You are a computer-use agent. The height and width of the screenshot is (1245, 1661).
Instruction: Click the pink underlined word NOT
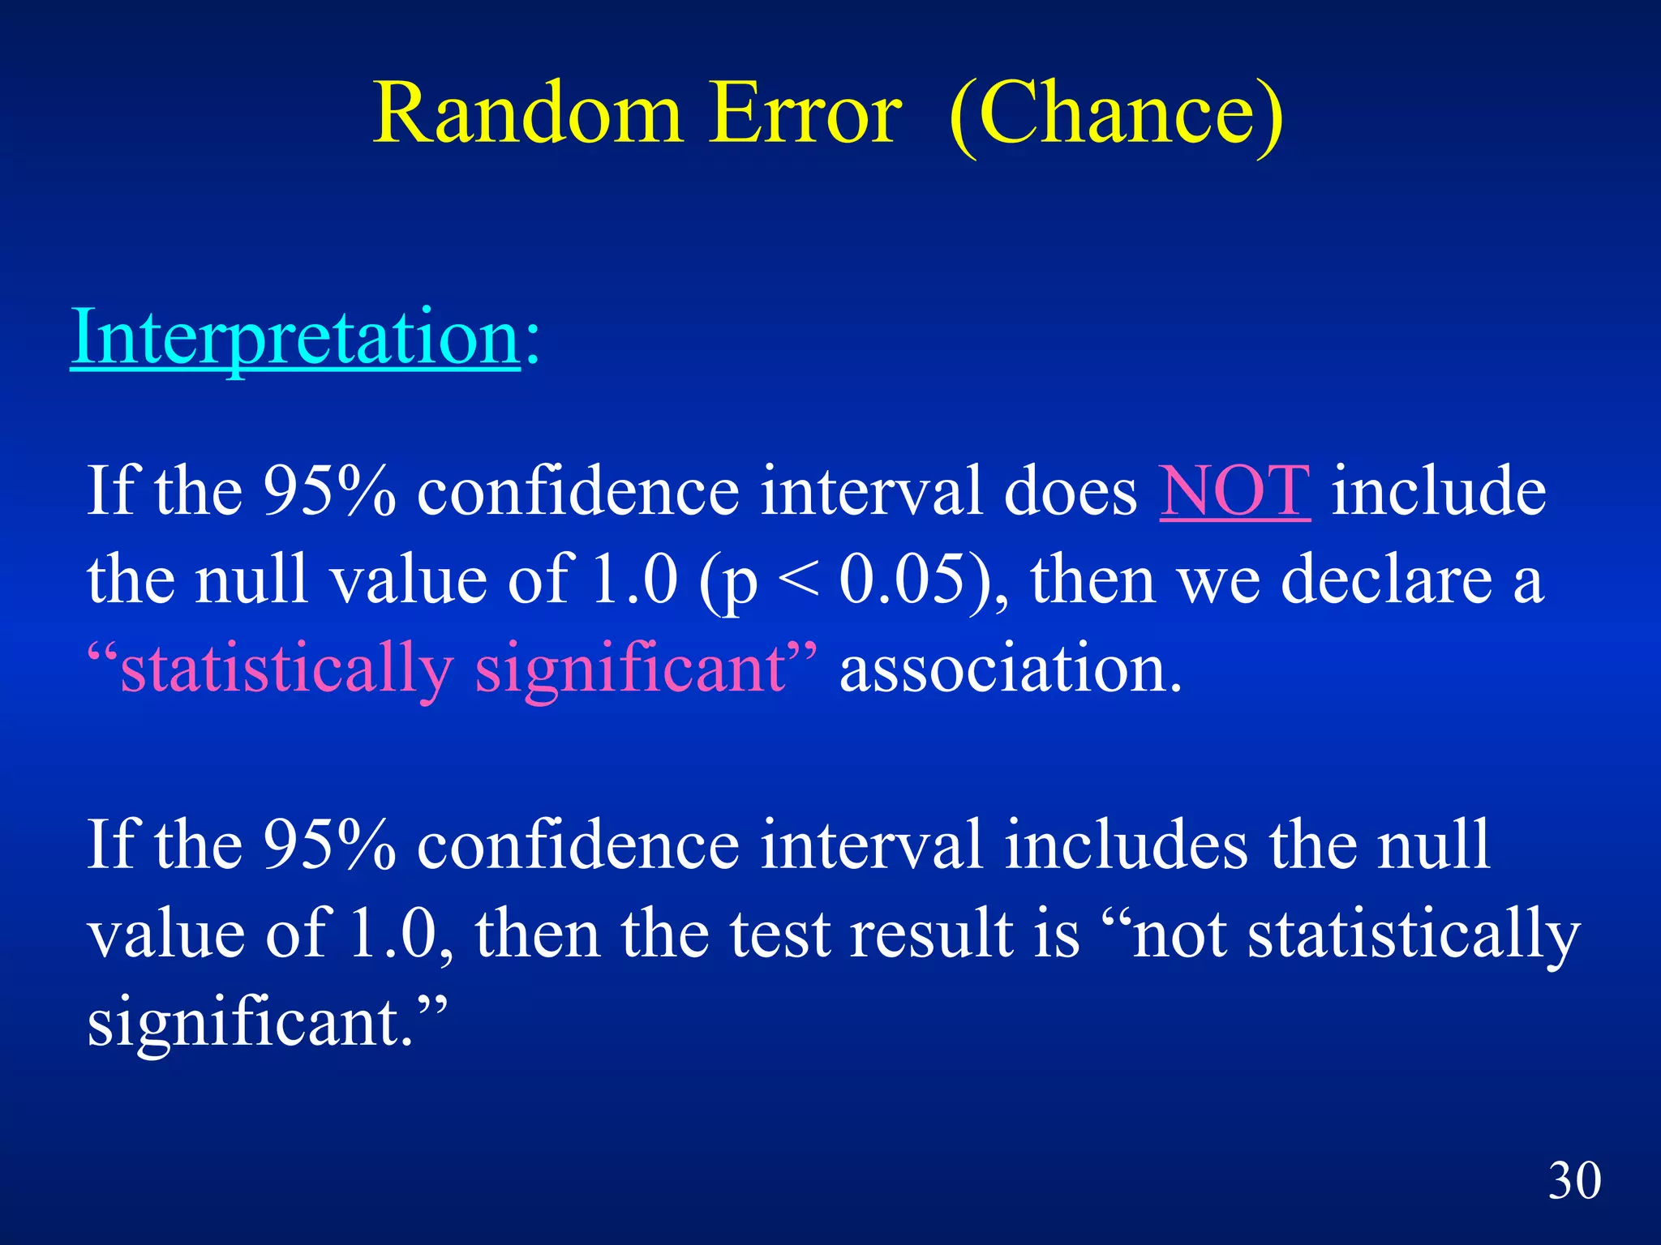[1234, 492]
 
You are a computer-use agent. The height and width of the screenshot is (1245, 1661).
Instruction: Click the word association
[1010, 670]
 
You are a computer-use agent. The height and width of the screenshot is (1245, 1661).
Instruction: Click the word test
[780, 934]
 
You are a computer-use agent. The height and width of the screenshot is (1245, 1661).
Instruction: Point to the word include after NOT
[1439, 492]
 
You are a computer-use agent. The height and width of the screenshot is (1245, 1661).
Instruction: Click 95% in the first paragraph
[329, 492]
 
